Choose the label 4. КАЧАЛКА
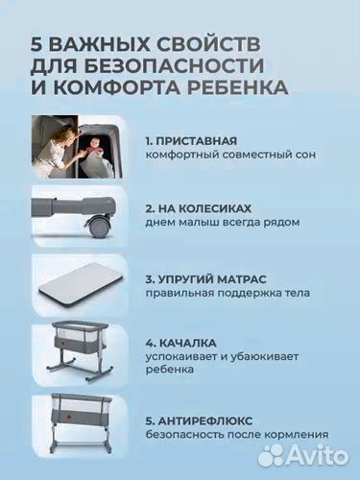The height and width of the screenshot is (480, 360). click(x=180, y=342)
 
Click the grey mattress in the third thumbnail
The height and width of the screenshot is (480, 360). click(x=83, y=285)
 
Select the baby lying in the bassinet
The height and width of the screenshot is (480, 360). click(x=101, y=142)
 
